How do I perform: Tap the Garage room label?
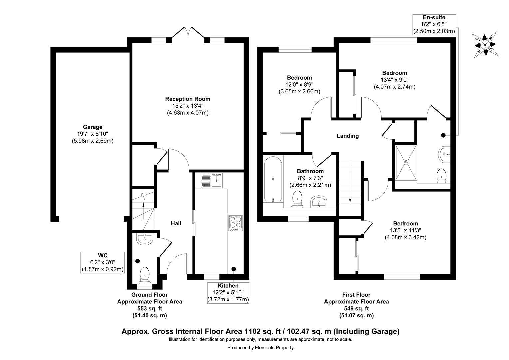pyautogui.click(x=92, y=127)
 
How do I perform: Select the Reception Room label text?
pyautogui.click(x=188, y=99)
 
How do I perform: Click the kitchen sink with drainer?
pyautogui.click(x=211, y=181)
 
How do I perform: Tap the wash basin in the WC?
pyautogui.click(x=144, y=239)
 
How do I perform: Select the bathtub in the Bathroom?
pyautogui.click(x=273, y=179)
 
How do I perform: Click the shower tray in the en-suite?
pyautogui.click(x=406, y=162)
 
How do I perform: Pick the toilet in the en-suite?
pyautogui.click(x=441, y=175)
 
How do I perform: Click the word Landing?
pyautogui.click(x=347, y=136)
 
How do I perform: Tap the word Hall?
pyautogui.click(x=176, y=223)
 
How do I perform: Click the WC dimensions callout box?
pyautogui.click(x=103, y=263)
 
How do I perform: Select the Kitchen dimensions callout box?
pyautogui.click(x=228, y=293)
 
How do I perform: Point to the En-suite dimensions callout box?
pyautogui.click(x=434, y=24)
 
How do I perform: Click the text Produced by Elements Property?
pyautogui.click(x=260, y=348)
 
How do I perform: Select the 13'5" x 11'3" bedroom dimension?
pyautogui.click(x=405, y=230)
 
